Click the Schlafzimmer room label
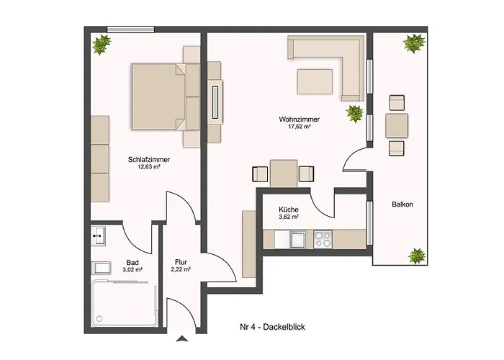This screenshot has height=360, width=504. tap(149, 159)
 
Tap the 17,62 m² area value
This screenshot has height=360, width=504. tap(300, 127)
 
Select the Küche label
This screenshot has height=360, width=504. tap(289, 210)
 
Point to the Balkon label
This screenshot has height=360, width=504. tap(402, 204)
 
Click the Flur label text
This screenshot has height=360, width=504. tap(181, 262)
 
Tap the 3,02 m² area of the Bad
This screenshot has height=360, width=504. tap(132, 270)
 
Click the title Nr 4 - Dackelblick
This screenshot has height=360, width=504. tap(273, 327)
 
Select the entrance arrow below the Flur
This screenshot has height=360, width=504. tap(182, 338)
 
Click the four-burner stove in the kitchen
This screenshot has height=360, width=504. tap(323, 240)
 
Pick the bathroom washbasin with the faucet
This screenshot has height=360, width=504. tap(98, 236)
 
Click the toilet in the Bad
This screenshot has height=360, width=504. tap(101, 268)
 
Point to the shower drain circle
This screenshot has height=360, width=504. tap(99, 319)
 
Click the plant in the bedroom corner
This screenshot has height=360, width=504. tap(102, 45)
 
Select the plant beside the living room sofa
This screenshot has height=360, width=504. tap(354, 114)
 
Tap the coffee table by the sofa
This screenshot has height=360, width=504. tap(315, 81)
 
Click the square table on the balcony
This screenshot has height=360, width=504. tap(397, 126)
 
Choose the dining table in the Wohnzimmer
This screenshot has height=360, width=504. tap(284, 174)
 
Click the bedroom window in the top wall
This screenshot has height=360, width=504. tap(130, 30)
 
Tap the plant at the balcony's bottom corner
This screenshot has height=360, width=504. tap(417, 256)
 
